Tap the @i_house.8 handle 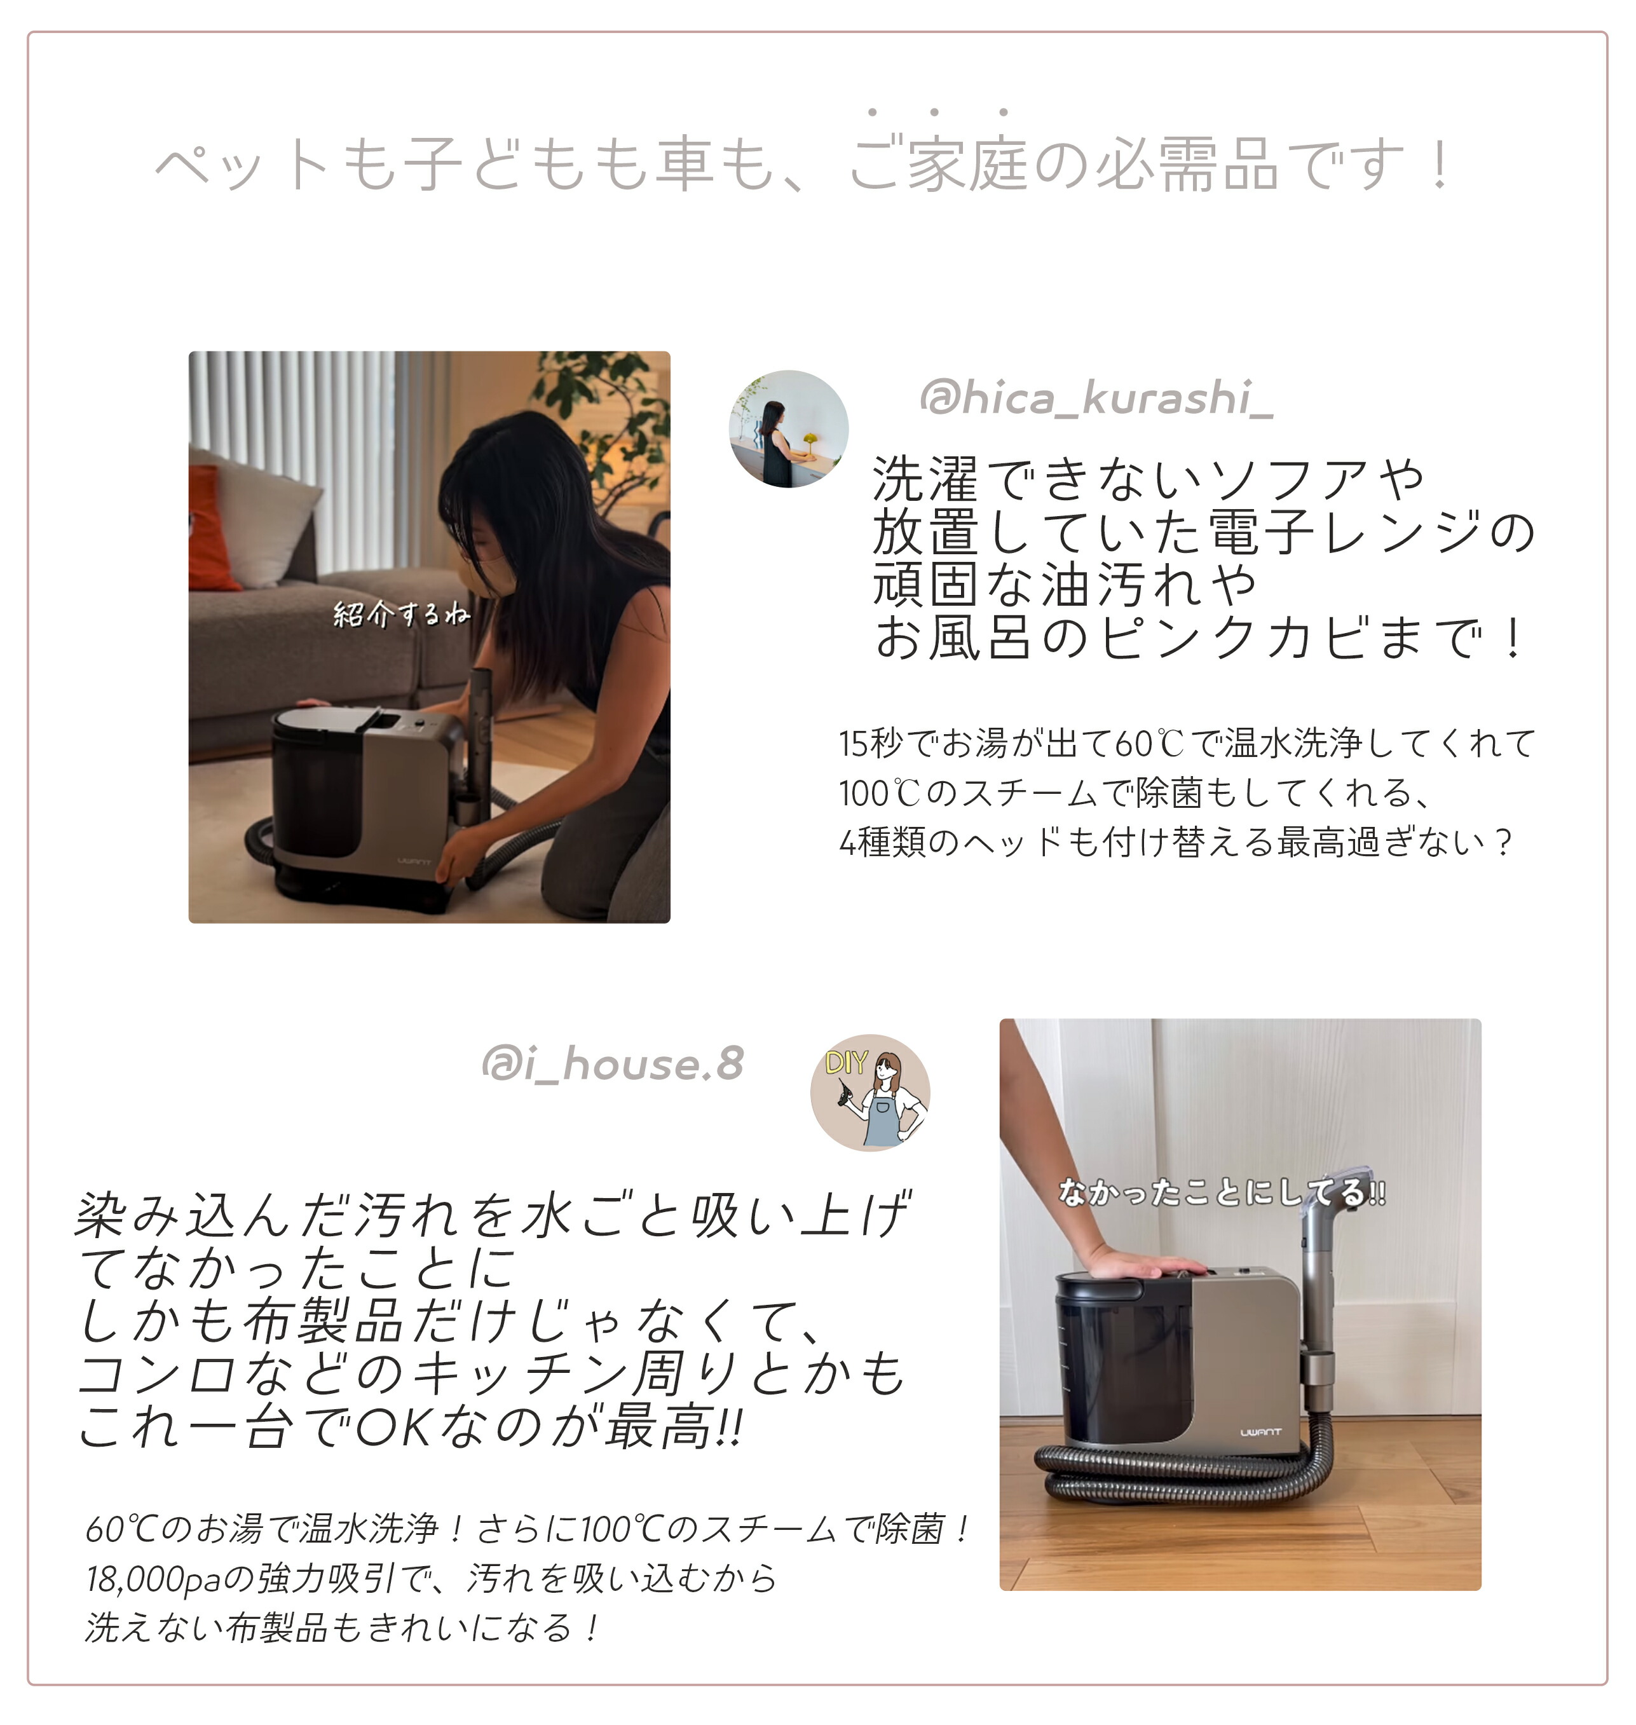[612, 1064]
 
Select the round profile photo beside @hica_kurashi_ [788, 429]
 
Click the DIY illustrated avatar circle [869, 1093]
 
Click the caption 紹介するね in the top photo [401, 614]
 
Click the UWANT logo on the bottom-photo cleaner [1260, 1432]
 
